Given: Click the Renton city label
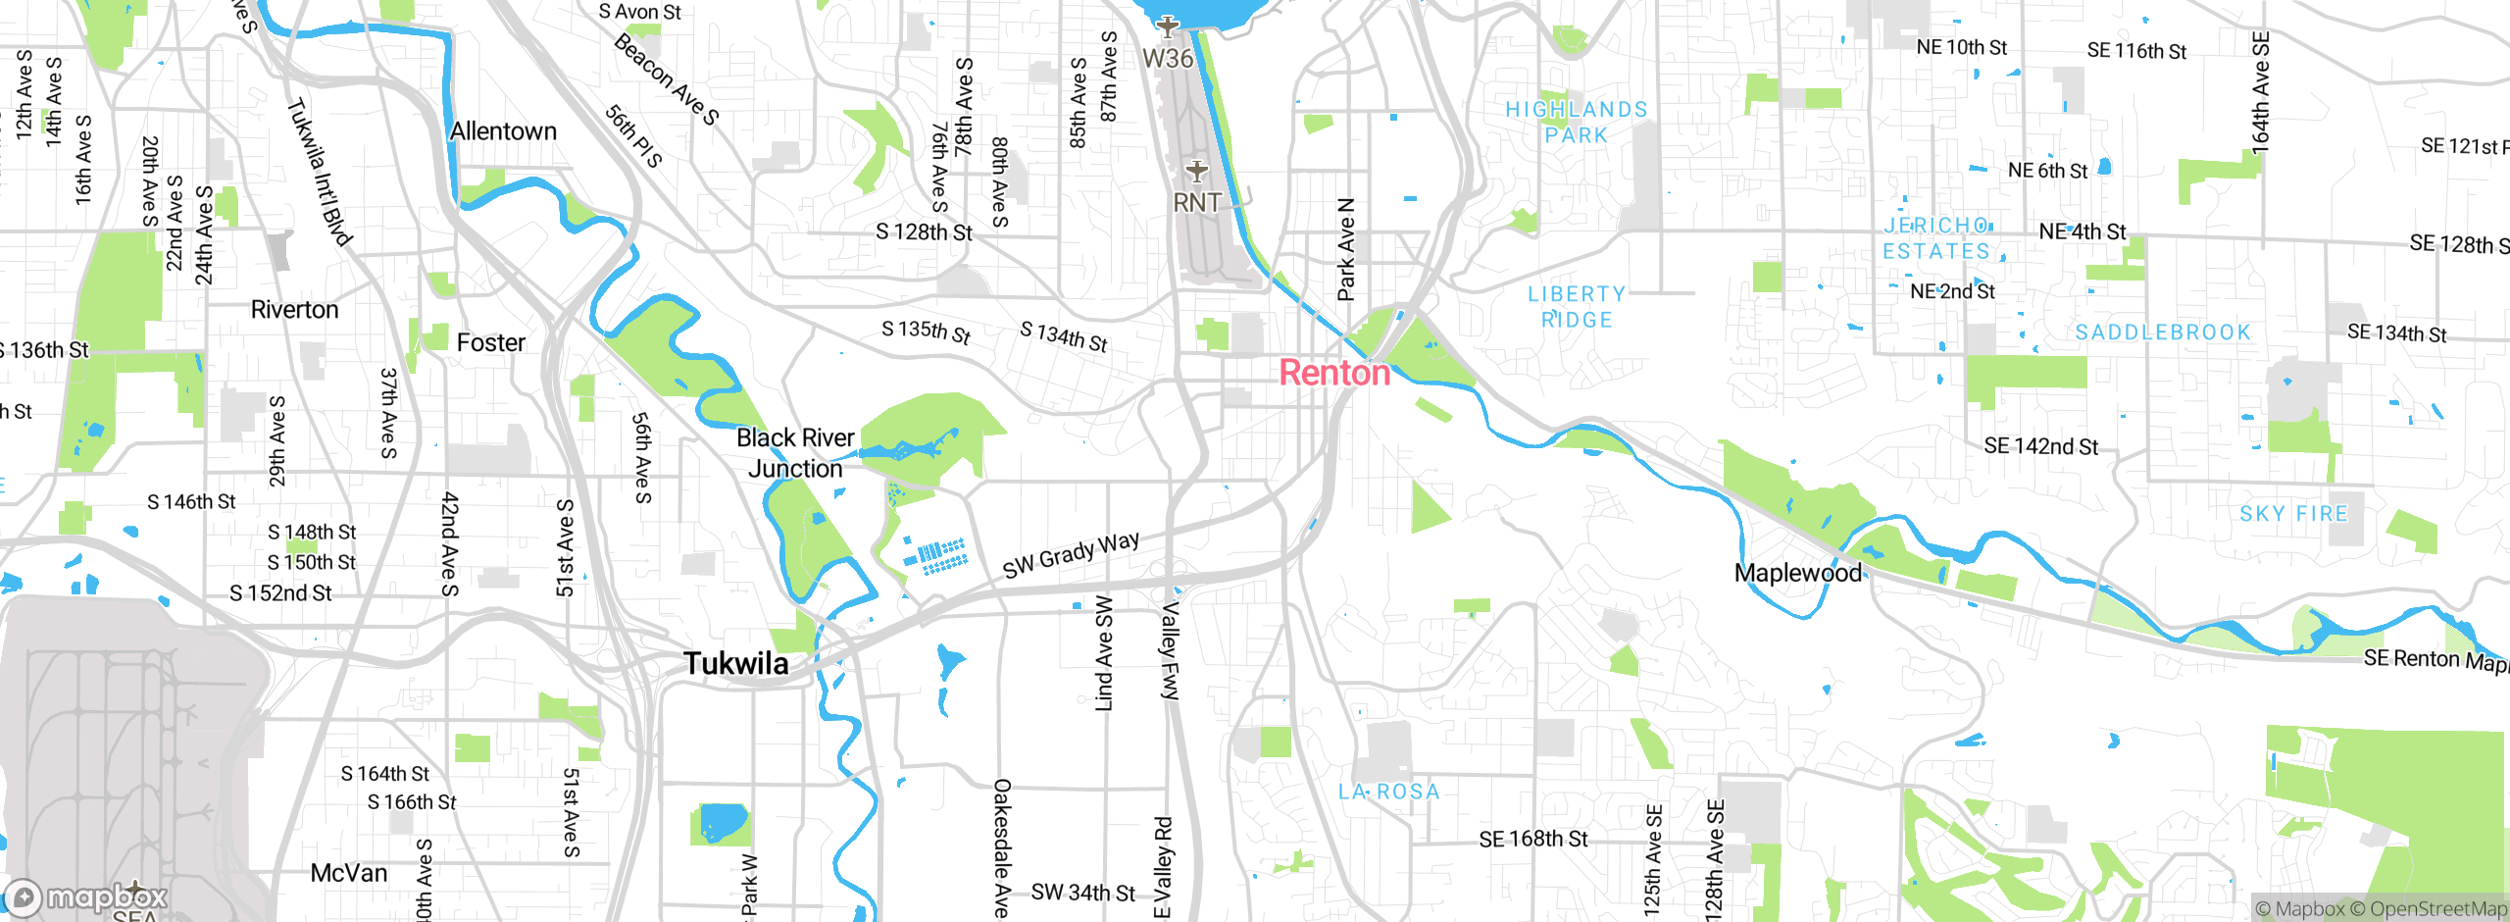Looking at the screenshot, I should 1334,373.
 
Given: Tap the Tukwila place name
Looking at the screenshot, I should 735,664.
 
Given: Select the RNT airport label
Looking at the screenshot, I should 1197,202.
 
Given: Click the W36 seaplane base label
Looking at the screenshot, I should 1168,58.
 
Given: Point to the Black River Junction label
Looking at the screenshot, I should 795,453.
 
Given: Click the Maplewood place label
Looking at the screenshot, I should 1797,573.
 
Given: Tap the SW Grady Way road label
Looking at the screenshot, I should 1071,554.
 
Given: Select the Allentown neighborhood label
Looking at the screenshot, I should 503,131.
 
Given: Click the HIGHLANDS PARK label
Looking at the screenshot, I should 1577,123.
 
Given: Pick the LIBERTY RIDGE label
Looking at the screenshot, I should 1577,307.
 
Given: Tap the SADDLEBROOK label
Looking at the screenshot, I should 2163,333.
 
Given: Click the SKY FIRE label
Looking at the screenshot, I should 2293,514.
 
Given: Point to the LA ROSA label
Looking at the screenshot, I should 1389,792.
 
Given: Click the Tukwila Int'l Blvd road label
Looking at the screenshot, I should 320,172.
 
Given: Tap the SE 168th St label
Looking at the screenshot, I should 1532,839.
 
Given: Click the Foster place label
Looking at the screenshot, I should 490,342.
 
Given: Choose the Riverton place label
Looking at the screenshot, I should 294,310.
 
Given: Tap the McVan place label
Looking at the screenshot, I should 348,873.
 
